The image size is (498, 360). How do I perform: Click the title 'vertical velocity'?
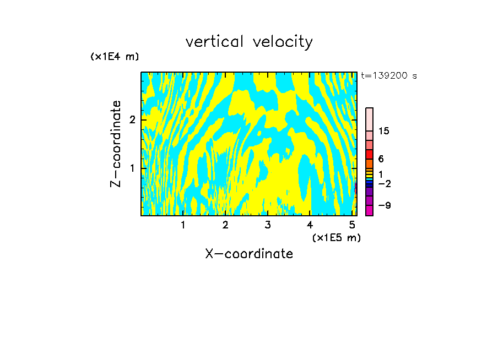click(x=249, y=42)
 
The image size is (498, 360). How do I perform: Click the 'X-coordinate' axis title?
click(x=249, y=254)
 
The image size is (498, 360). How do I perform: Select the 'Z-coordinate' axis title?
click(x=116, y=144)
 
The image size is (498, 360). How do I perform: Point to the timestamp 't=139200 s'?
click(x=389, y=76)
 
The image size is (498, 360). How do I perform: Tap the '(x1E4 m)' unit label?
click(x=115, y=57)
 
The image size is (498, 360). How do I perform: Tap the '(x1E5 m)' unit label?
click(x=336, y=237)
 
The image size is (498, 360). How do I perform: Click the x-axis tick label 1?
click(x=183, y=225)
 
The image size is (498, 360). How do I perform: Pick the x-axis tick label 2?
click(x=225, y=225)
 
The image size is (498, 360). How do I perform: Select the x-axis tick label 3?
click(x=267, y=225)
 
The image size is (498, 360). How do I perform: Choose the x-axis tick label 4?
click(x=310, y=225)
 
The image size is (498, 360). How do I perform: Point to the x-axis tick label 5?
click(x=351, y=225)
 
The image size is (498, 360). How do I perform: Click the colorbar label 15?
click(x=384, y=131)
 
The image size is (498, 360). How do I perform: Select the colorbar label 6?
click(x=381, y=159)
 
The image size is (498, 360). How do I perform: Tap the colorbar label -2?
click(x=384, y=184)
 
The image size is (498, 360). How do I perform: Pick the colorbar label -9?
click(x=384, y=205)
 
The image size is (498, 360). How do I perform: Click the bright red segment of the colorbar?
click(x=369, y=154)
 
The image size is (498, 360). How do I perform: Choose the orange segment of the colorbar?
click(x=369, y=163)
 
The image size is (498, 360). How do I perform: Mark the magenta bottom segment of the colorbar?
click(x=369, y=210)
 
